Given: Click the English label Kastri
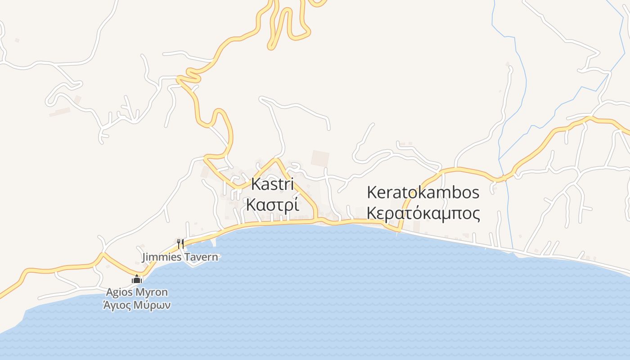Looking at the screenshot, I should point(272,184).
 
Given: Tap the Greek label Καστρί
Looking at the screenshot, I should point(272,205).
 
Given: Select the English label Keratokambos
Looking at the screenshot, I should point(423,193).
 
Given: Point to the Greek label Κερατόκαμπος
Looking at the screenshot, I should point(423,213).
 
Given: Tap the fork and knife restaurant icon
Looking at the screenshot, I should point(180,243).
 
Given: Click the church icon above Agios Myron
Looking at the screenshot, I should point(137,279).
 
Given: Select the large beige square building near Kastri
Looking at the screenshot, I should point(320,158).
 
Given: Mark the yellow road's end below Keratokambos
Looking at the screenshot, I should point(398,232).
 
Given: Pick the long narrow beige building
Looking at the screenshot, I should point(59,112).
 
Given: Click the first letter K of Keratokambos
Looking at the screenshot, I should point(372,193).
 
